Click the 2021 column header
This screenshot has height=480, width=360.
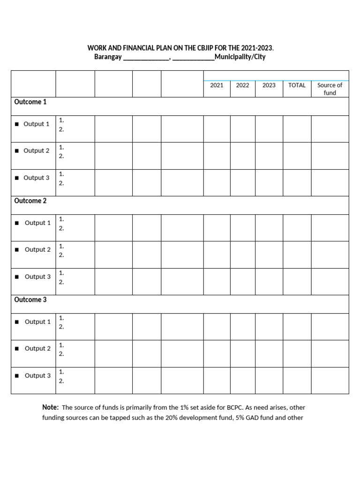[x=217, y=85]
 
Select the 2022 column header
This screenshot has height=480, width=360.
[x=242, y=85]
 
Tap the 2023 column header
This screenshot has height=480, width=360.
[x=269, y=85]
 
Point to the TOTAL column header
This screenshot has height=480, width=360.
[x=297, y=85]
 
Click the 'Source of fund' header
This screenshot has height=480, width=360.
[x=330, y=89]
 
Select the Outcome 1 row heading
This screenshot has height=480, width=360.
[x=30, y=102]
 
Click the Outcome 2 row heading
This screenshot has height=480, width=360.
[x=30, y=201]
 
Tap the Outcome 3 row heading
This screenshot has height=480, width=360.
[x=30, y=300]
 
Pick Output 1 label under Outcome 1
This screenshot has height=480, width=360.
[x=36, y=124]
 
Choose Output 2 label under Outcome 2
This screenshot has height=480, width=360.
[x=37, y=250]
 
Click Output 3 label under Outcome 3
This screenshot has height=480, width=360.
[x=37, y=375]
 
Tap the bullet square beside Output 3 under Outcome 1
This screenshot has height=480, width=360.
[x=16, y=178]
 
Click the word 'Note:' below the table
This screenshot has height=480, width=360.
[x=50, y=407]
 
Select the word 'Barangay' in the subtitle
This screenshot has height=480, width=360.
[x=108, y=57]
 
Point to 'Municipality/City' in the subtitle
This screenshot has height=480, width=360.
[x=240, y=57]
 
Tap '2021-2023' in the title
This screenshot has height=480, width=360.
[x=256, y=48]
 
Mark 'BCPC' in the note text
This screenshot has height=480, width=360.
[x=232, y=408]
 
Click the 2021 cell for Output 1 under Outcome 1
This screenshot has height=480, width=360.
[x=217, y=129]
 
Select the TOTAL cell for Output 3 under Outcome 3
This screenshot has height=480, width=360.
[x=297, y=380]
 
